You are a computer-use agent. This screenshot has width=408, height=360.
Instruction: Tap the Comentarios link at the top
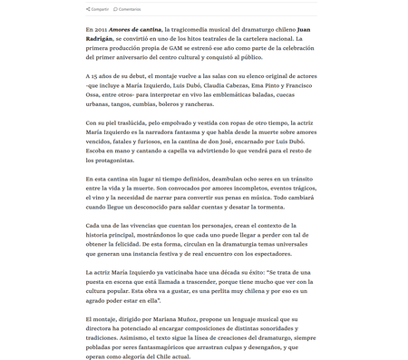(130, 8)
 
